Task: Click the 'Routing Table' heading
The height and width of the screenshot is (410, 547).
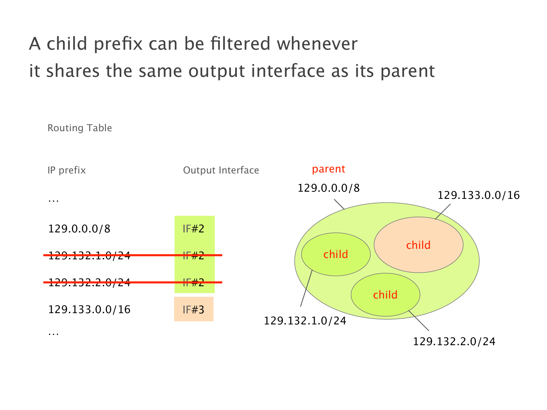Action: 80,128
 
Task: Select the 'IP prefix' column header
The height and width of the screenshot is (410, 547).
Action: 67,170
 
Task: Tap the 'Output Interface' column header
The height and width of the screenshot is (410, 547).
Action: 221,170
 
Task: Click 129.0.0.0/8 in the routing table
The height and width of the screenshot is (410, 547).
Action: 79,229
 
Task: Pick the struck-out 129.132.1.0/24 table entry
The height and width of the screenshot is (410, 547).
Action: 89,255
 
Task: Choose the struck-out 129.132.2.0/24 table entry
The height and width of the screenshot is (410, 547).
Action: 89,282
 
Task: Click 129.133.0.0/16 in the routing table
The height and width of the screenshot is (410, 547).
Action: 89,310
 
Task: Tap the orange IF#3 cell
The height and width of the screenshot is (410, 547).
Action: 194,309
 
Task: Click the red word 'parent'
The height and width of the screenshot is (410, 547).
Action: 329,169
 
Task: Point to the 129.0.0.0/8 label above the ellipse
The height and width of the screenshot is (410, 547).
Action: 329,188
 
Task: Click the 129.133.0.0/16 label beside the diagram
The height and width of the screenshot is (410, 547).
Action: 479,196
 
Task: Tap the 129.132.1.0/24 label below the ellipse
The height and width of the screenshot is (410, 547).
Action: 305,321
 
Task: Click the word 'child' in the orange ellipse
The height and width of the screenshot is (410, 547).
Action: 418,245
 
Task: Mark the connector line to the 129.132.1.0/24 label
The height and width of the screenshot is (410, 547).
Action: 306,288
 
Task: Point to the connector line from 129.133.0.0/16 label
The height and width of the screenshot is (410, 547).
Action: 443,212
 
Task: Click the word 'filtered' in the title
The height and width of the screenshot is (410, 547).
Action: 240,44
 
